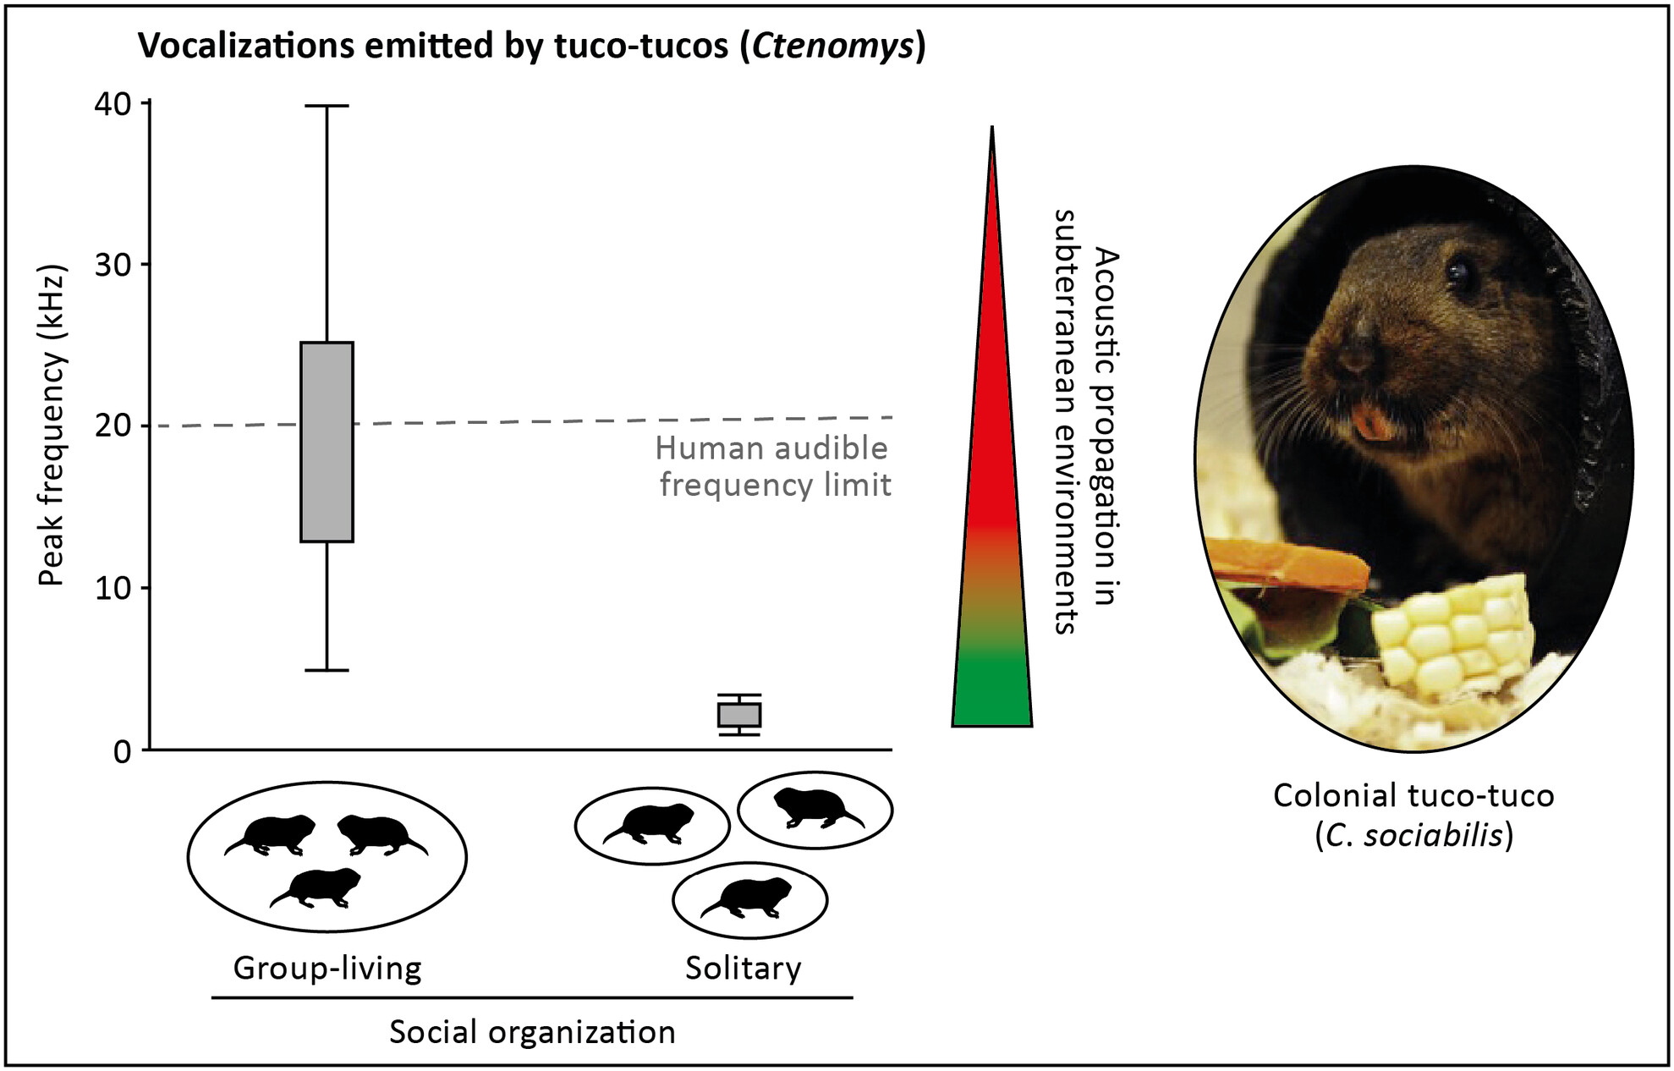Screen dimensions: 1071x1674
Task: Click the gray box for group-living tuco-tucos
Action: tap(327, 442)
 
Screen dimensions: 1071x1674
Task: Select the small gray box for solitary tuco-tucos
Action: tap(739, 715)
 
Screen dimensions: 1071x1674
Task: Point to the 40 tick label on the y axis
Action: tap(113, 104)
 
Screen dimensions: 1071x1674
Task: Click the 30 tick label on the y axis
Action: tap(113, 265)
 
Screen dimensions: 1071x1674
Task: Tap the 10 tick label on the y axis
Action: tap(113, 589)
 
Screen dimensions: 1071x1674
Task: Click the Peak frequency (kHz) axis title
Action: tap(52, 426)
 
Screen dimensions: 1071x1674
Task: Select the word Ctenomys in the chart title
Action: tap(833, 46)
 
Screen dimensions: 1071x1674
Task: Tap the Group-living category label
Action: tap(327, 968)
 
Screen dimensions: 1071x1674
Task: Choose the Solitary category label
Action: tap(743, 968)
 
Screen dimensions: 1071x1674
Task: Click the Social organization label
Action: tap(532, 1032)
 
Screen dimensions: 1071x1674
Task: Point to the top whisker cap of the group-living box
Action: tap(327, 106)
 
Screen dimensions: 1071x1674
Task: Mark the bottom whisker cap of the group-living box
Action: tap(327, 670)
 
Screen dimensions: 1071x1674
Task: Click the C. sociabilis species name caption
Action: tap(1413, 836)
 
